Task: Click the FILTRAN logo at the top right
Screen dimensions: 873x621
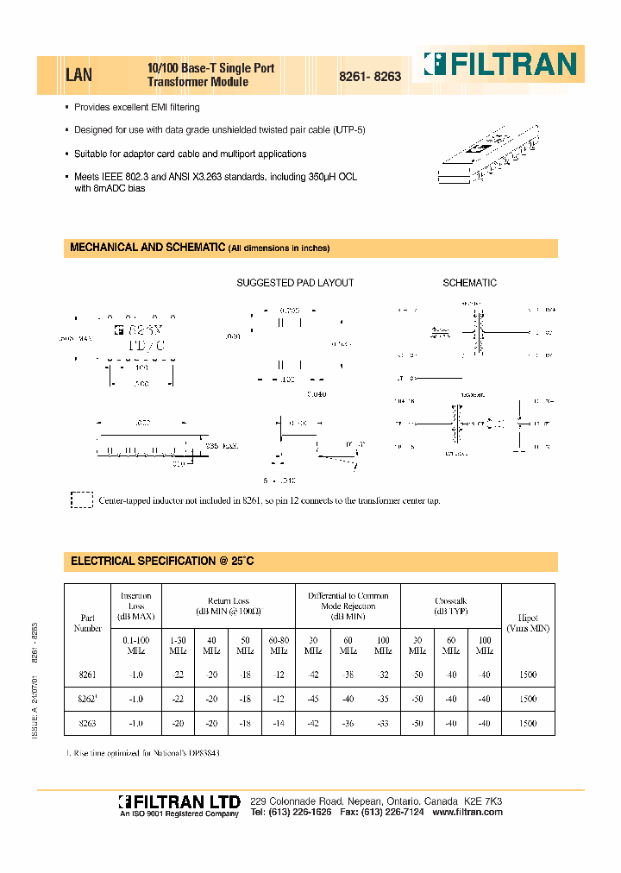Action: [499, 65]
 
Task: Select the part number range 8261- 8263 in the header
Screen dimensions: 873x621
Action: [369, 76]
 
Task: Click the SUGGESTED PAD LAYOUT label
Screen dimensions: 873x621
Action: [295, 283]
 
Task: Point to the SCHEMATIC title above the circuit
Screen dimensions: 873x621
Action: [469, 283]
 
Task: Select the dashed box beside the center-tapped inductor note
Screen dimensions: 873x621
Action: [81, 500]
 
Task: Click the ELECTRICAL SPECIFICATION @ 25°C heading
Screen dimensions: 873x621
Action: [162, 561]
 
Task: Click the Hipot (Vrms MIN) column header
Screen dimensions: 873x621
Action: [528, 623]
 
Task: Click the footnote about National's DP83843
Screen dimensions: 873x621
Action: [143, 753]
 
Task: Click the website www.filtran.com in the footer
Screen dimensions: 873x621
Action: [467, 813]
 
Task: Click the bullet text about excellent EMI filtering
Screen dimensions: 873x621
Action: [137, 108]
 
